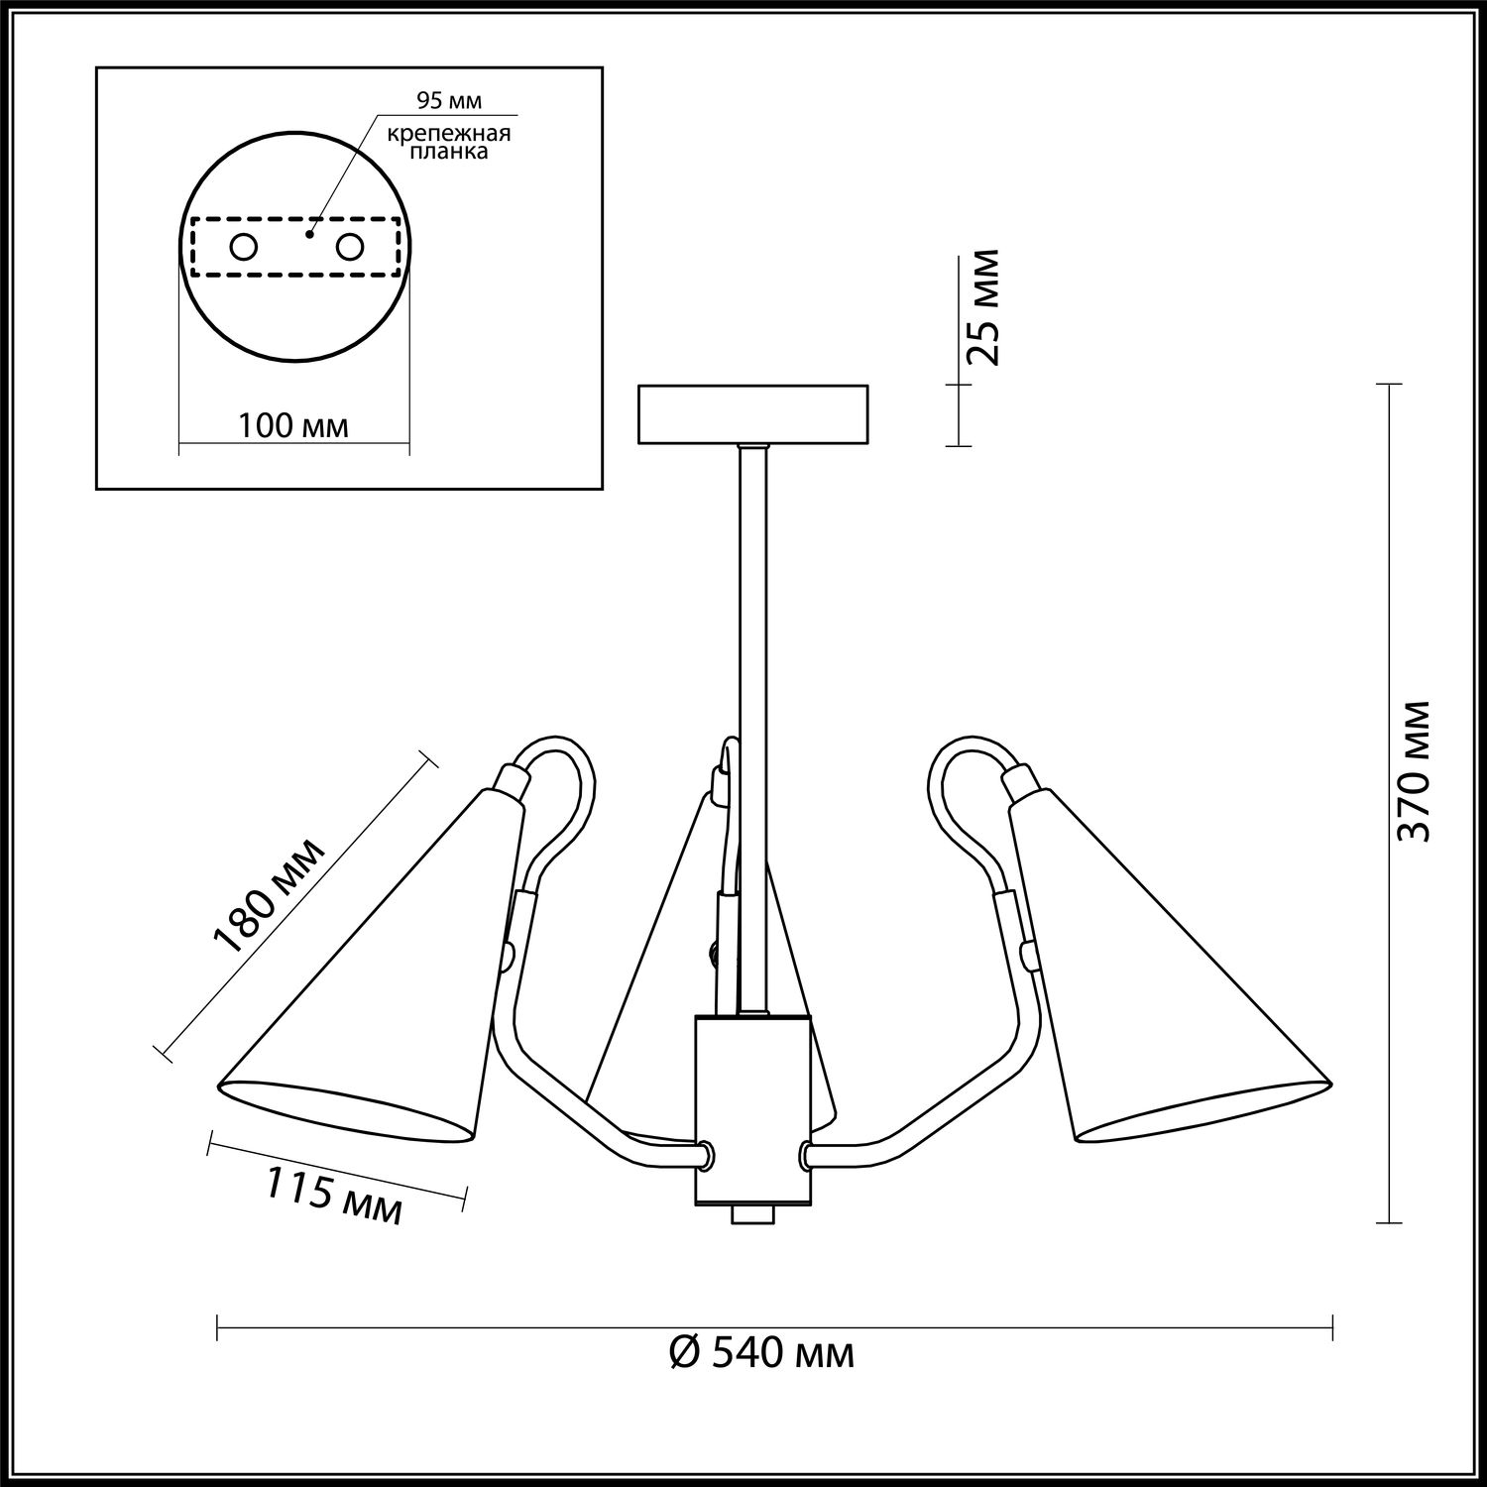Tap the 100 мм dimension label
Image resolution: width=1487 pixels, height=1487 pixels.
[293, 426]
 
